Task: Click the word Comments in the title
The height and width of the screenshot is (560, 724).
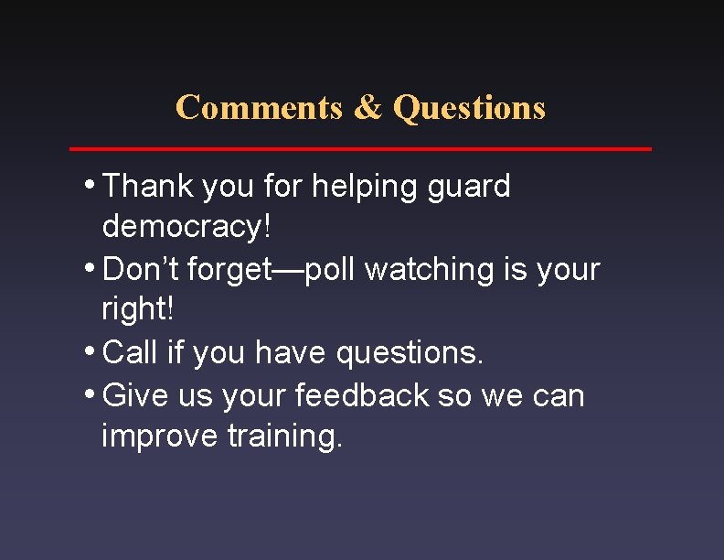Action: (x=259, y=107)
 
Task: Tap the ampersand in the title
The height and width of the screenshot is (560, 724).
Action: (x=367, y=107)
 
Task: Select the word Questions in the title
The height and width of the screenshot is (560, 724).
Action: (x=469, y=107)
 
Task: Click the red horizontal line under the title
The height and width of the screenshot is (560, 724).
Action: (x=361, y=148)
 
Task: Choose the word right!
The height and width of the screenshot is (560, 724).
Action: (x=138, y=309)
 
